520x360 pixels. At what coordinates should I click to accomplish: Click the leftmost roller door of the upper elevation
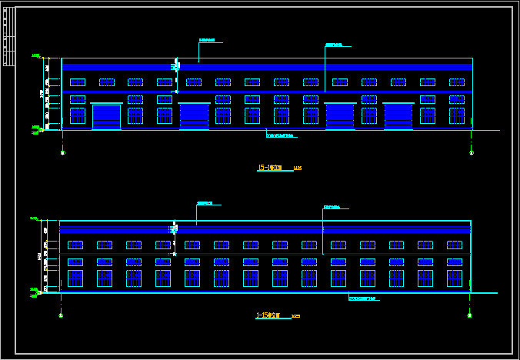[x=107, y=116]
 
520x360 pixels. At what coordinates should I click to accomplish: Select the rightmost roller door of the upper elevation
[x=398, y=116]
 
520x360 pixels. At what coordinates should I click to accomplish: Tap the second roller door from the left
[x=194, y=116]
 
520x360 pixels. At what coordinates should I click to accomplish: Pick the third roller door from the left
[x=339, y=116]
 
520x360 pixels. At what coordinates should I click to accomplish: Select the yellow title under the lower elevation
[x=270, y=315]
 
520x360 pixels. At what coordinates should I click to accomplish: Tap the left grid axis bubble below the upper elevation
[x=62, y=152]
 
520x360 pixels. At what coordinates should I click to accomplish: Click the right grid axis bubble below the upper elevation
[x=470, y=152]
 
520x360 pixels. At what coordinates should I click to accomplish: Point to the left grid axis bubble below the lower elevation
[x=61, y=315]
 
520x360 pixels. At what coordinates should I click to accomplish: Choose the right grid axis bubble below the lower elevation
[x=468, y=315]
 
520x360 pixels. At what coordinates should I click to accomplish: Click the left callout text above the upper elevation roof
[x=207, y=41]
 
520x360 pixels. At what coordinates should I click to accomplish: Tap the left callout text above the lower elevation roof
[x=205, y=204]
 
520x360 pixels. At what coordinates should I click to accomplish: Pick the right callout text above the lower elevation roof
[x=332, y=207]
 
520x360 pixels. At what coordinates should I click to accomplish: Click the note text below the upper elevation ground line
[x=281, y=135]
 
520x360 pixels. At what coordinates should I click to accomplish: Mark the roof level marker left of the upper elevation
[x=36, y=56]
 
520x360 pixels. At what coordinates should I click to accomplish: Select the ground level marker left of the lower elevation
[x=35, y=291]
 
